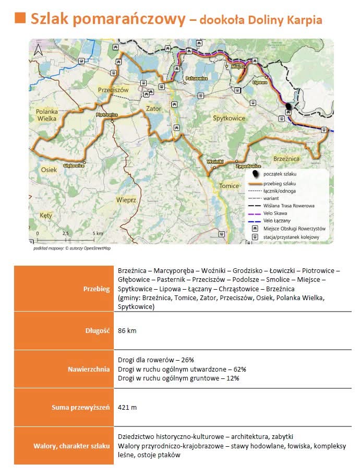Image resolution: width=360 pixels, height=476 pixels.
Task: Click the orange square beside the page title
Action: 20,18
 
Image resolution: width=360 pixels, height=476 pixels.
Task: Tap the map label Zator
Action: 154,109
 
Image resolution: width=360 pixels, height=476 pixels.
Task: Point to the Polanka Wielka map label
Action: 50,115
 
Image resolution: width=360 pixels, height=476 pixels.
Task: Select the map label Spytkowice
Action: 229,118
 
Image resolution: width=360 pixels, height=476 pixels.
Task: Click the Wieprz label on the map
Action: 126,199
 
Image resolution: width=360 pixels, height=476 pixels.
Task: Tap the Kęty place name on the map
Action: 46,215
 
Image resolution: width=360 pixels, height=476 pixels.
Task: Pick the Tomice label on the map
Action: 229,186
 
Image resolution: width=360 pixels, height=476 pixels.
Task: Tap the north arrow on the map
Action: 38,50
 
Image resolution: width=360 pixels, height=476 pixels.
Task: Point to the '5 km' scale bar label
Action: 98,233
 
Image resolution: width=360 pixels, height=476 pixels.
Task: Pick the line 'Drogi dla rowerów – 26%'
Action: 156,360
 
